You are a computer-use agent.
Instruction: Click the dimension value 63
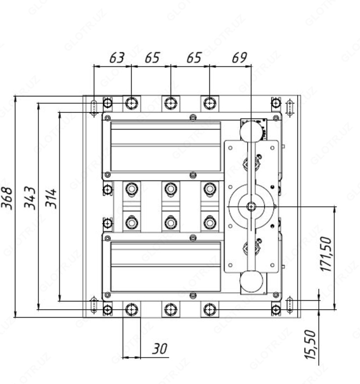[117, 58]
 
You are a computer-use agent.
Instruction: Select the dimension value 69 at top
[239, 58]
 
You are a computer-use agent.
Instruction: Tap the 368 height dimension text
[7, 198]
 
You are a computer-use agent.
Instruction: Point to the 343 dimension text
[30, 198]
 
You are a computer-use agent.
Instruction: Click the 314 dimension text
[51, 198]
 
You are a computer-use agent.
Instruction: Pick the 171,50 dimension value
[326, 254]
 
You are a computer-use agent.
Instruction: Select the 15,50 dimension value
[310, 345]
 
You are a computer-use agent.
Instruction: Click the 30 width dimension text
[160, 348]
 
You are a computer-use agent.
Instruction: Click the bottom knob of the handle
[251, 281]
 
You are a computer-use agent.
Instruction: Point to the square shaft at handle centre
[251, 207]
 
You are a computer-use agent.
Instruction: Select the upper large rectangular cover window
[166, 146]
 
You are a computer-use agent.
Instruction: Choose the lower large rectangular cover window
[166, 267]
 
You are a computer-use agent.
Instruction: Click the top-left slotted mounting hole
[94, 107]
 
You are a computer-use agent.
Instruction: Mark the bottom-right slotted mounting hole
[290, 304]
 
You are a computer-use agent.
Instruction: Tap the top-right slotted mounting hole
[290, 108]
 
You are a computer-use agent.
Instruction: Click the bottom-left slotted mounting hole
[94, 304]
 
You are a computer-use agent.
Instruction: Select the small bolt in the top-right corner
[276, 103]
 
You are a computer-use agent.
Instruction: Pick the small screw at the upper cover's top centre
[193, 118]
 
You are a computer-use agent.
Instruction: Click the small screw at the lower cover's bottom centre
[193, 295]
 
